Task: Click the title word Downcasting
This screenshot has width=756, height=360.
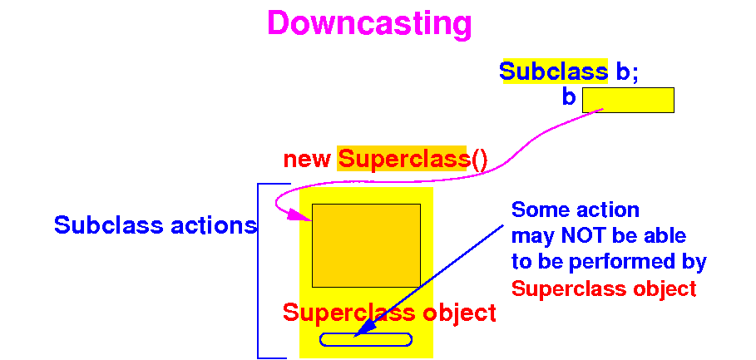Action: [x=369, y=23]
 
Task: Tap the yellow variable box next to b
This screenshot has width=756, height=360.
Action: [x=627, y=100]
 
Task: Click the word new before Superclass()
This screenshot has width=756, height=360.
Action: [x=308, y=159]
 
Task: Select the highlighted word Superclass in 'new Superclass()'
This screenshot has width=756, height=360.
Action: [x=403, y=159]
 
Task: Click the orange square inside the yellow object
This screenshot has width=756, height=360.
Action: [x=366, y=245]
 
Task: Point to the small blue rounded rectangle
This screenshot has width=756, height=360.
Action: [x=366, y=339]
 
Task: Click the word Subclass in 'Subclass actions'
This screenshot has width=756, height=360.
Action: [x=106, y=224]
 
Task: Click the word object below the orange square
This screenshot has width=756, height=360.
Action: [x=459, y=313]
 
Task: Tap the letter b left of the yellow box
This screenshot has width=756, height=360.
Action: [x=569, y=97]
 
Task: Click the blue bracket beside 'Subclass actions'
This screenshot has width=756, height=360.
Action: [x=259, y=270]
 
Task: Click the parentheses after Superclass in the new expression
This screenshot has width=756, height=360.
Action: [x=479, y=159]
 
